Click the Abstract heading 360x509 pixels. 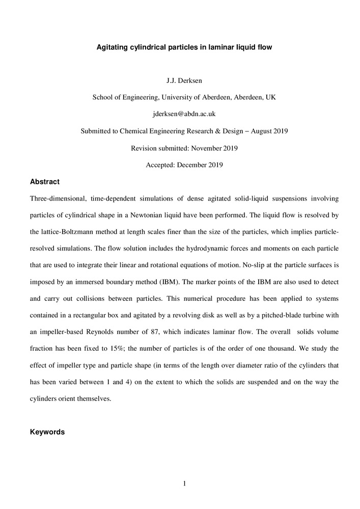[45, 182]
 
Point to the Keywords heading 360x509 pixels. [47, 432]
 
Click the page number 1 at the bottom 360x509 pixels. [184, 483]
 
